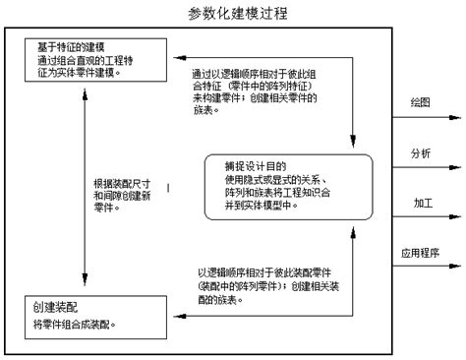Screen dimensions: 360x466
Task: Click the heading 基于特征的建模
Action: click(x=57, y=46)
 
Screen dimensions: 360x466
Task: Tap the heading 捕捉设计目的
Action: click(x=259, y=164)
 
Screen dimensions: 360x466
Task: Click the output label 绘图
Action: click(x=421, y=102)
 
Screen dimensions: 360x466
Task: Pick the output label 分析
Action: click(x=421, y=152)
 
